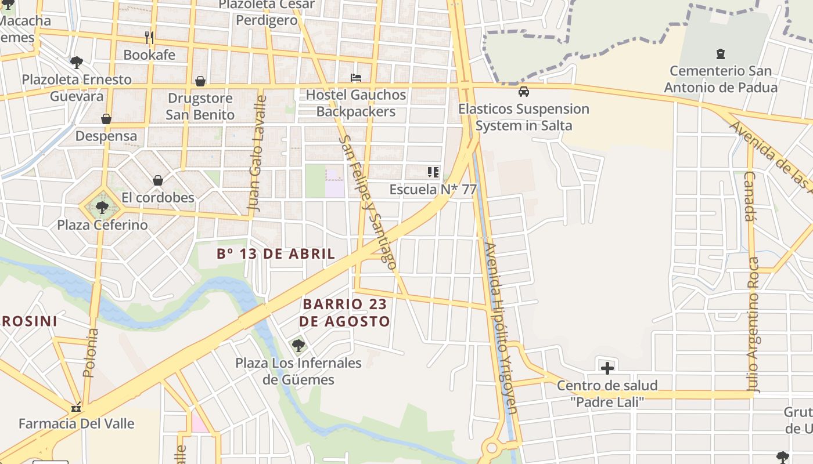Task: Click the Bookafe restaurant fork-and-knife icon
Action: pos(149,38)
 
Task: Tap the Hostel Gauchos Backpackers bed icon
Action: pos(356,78)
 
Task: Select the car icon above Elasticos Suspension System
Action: pos(524,92)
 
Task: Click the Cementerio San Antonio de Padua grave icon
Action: pos(721,54)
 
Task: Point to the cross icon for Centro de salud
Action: pos(607,368)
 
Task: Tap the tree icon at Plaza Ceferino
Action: pos(102,207)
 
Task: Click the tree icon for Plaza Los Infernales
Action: pos(298,346)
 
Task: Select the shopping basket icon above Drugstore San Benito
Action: pos(200,81)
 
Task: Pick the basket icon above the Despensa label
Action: pos(106,119)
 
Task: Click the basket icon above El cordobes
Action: pos(157,180)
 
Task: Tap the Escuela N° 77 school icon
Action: pos(433,172)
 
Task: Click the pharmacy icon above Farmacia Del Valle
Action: pos(75,407)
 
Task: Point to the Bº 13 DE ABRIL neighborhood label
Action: pos(276,253)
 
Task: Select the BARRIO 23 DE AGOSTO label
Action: pos(345,312)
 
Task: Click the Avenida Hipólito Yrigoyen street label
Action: pos(500,328)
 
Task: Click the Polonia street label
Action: pos(91,353)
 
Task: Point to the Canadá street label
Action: pos(750,196)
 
